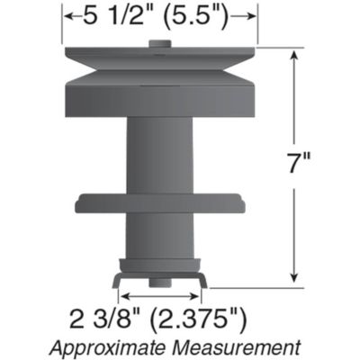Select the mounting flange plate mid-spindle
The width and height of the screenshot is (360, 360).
(x=160, y=202)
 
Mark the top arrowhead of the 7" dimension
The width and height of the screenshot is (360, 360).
(x=294, y=53)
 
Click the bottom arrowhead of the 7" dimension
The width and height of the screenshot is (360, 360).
(x=294, y=280)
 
